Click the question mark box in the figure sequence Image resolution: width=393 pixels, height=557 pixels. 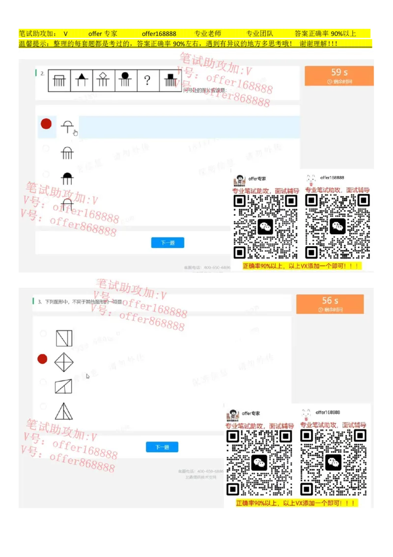147,81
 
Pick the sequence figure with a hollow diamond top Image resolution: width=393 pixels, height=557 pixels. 103,80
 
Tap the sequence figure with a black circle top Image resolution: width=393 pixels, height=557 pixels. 125,80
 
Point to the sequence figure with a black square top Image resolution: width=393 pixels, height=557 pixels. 170,80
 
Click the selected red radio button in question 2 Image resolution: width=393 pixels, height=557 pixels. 46,124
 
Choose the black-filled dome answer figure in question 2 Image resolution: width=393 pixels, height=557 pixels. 67,178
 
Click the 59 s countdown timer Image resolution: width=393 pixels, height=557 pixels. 339,76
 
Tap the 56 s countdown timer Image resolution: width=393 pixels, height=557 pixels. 330,304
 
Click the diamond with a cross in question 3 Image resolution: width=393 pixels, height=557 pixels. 64,363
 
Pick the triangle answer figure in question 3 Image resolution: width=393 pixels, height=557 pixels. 64,411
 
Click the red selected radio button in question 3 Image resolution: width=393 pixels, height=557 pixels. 43,359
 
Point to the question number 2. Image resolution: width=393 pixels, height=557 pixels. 43,73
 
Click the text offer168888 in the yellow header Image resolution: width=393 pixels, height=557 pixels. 159,34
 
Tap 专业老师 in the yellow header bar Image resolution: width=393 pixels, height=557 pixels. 208,34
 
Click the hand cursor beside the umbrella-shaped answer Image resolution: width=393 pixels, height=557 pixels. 76,132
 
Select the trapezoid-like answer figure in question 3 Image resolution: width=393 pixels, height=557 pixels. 63,386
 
